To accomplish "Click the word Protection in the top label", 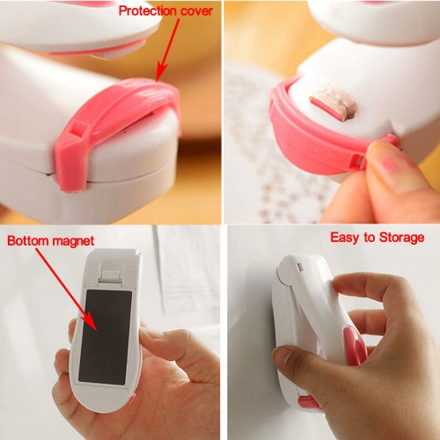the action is coord(148,11).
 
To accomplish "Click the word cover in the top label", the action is coord(196,11).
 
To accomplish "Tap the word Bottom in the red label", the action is coord(27,241).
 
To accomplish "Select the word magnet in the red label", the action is coord(73,241).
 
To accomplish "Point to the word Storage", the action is coord(401,238).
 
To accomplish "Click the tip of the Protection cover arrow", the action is coord(158,81).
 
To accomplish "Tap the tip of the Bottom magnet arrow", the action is coord(97,331).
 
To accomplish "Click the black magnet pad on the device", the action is coord(105,336).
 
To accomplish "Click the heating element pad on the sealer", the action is coord(333,104).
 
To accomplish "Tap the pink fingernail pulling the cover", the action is coord(393,164).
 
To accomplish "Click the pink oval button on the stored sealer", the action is coord(356,347).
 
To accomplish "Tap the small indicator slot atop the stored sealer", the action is coord(300,267).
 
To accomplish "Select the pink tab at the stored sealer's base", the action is coord(309,402).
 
